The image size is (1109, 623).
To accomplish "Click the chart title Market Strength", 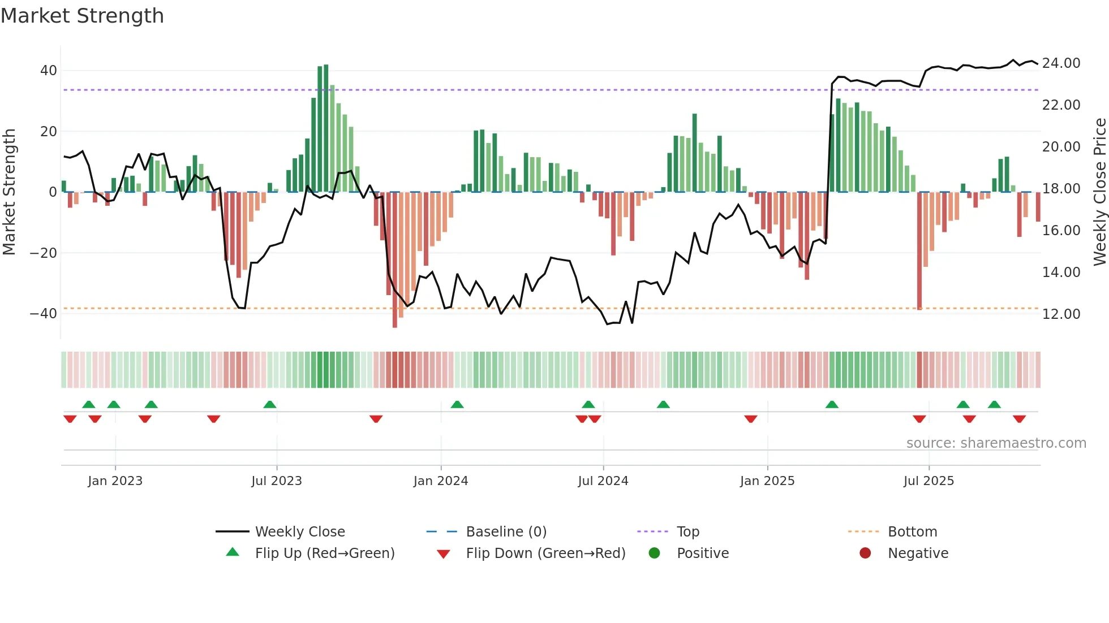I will (82, 16).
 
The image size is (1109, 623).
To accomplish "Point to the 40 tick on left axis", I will (48, 71).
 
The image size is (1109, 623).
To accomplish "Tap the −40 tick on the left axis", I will (43, 314).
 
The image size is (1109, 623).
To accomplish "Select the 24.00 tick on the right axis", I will (1061, 63).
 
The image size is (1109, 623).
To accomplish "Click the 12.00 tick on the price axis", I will (1061, 314).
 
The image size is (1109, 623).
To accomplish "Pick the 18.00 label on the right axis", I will (1061, 189).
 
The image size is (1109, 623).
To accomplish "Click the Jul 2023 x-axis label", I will (277, 481).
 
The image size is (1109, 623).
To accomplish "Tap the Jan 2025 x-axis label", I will (767, 481).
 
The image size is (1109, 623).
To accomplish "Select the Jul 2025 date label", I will (929, 481).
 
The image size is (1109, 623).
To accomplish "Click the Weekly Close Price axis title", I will (1099, 192).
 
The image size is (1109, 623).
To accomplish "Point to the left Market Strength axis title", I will (10, 192).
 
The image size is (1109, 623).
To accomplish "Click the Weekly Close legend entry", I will (300, 532).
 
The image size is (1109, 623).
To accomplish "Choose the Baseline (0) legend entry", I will (506, 532).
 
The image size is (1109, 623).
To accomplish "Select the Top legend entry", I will (688, 532).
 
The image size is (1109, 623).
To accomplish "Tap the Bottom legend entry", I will (912, 532).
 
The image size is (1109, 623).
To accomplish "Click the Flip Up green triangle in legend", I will (233, 552).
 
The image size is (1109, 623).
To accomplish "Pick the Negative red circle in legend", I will (865, 553).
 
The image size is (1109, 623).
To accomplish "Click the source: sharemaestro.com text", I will (996, 443).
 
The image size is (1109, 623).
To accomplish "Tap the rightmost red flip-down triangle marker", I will (1019, 419).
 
